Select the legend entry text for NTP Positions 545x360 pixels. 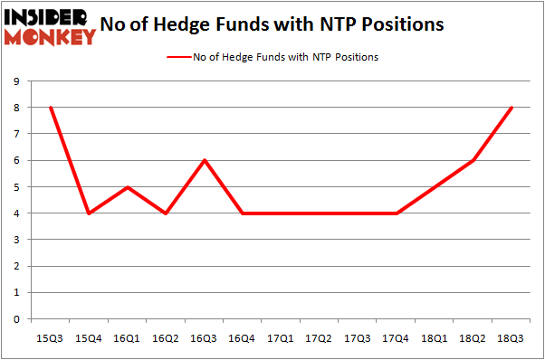pyautogui.click(x=285, y=57)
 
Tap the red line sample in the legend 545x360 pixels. pyautogui.click(x=177, y=57)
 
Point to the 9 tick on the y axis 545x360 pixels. pyautogui.click(x=17, y=81)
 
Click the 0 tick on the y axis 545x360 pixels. pyautogui.click(x=17, y=319)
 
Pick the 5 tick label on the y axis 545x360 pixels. pyautogui.click(x=17, y=187)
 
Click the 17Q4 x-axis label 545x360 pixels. pyautogui.click(x=397, y=338)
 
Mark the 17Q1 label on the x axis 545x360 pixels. pyautogui.click(x=280, y=338)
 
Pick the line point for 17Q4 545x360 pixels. pyautogui.click(x=397, y=213)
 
